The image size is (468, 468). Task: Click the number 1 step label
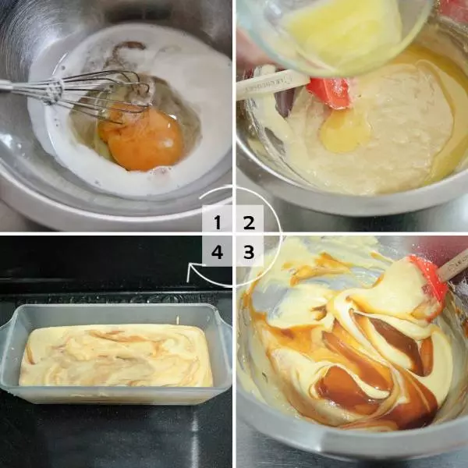coord(218,222)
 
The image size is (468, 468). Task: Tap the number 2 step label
coord(250,222)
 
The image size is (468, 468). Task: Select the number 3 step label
coord(249,252)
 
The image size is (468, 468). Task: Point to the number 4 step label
coord(217,252)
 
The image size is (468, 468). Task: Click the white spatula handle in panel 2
coord(271,85)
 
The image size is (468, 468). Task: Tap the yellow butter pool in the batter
coord(346,131)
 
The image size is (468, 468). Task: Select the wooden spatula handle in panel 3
coord(454,265)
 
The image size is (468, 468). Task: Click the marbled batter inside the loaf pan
coord(115,355)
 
